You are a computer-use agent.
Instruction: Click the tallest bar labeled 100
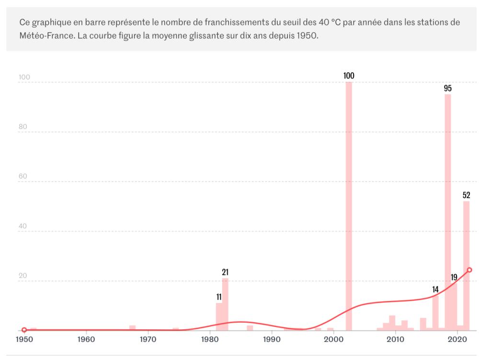click(349, 206)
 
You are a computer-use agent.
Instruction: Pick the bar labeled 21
click(225, 304)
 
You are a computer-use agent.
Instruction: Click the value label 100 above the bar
click(349, 76)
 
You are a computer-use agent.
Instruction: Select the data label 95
click(448, 88)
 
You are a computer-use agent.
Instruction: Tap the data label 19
click(454, 277)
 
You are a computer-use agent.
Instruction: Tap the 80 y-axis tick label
click(23, 127)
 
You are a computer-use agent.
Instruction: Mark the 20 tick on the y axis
click(23, 276)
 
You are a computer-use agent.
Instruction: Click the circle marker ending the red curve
click(469, 270)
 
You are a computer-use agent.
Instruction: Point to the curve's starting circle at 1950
click(24, 330)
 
